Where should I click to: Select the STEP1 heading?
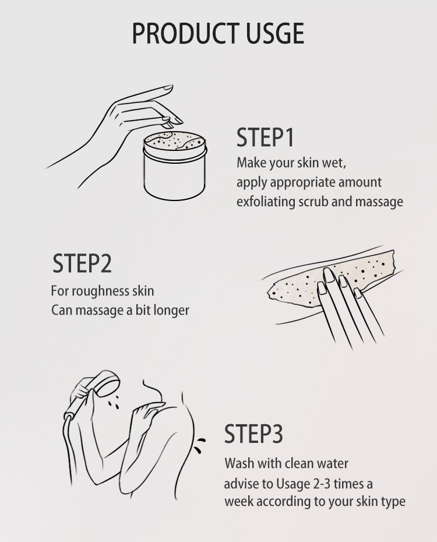[x=265, y=137]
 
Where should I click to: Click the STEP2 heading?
[x=82, y=263]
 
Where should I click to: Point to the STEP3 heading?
[x=253, y=434]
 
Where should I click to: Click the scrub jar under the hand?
[x=175, y=166]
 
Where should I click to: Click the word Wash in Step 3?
[x=238, y=463]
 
